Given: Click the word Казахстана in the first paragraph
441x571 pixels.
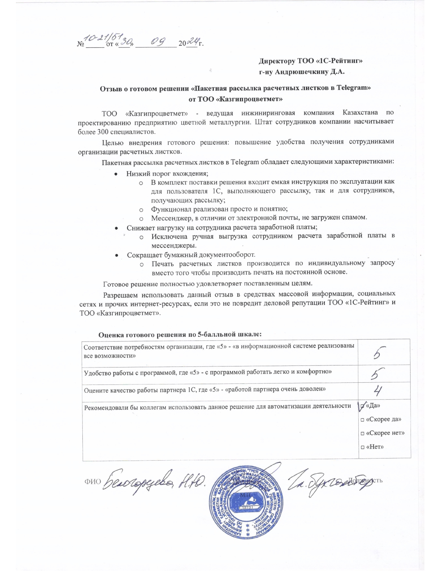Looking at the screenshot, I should coord(360,113).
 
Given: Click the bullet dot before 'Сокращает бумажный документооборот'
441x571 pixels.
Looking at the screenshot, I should coord(117,255).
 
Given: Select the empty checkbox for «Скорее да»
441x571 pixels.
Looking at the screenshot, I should coord(362,420).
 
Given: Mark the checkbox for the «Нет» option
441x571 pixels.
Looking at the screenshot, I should coord(362,447).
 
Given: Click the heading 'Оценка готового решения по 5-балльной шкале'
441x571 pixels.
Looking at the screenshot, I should coord(180,334).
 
